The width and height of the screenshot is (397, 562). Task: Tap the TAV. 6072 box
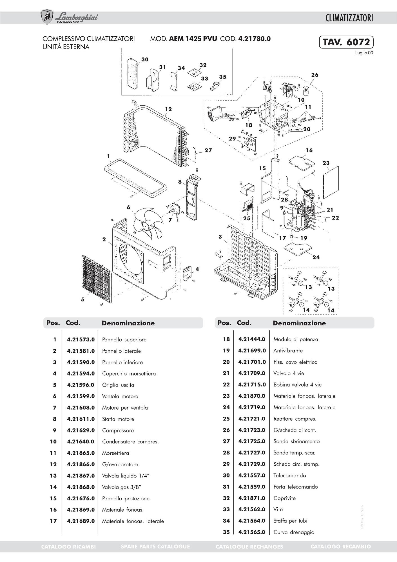coord(346,42)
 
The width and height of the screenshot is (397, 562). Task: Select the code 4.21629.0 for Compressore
coord(81,430)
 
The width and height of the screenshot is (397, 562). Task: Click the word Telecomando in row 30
coord(289,475)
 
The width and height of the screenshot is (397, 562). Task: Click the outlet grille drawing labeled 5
coord(96,279)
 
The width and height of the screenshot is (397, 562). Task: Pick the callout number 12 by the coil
coord(168,109)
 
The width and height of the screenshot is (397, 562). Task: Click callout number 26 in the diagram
coord(315,75)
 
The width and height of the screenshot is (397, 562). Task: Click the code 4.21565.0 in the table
coord(252,532)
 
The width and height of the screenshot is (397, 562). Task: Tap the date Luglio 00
coord(364,53)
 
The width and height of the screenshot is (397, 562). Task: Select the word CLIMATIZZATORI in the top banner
coord(349,18)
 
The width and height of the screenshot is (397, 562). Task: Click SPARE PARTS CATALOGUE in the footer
coord(155,547)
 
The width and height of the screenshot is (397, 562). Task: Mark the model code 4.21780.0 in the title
coord(254,39)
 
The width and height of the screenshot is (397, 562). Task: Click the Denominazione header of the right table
coord(299,323)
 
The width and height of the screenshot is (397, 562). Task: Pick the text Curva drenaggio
coord(294,532)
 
